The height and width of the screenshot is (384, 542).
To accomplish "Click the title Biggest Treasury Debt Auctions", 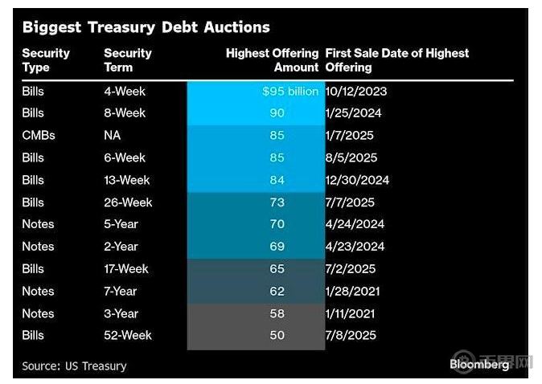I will click(146, 27).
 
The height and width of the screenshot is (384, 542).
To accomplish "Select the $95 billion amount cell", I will click(290, 92).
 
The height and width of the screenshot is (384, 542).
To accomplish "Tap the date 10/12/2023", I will click(356, 92).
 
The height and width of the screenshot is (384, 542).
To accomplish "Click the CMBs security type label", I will click(39, 136).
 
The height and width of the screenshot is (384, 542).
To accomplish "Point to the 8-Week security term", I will click(125, 113).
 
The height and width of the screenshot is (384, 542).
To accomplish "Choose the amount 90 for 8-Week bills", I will click(277, 113).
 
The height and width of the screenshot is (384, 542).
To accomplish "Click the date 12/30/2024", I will click(357, 180).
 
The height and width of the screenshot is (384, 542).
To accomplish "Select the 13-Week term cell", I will click(127, 180).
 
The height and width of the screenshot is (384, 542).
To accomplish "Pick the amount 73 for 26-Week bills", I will click(277, 202).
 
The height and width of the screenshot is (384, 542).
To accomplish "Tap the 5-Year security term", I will click(121, 224).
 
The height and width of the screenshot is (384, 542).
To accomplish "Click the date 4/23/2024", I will click(355, 247).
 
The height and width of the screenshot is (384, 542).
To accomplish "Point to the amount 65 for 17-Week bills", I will click(277, 269).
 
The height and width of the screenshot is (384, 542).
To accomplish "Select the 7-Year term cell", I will click(121, 291).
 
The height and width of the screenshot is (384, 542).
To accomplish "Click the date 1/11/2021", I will click(351, 313).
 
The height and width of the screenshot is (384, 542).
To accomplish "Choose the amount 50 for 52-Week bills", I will click(277, 335).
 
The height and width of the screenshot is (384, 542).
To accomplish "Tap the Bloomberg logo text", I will click(478, 365).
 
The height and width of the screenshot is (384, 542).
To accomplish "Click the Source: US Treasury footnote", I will click(74, 366).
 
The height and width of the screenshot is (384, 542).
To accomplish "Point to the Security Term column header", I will click(128, 60).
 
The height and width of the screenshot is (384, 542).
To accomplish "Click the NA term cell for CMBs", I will click(113, 136).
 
